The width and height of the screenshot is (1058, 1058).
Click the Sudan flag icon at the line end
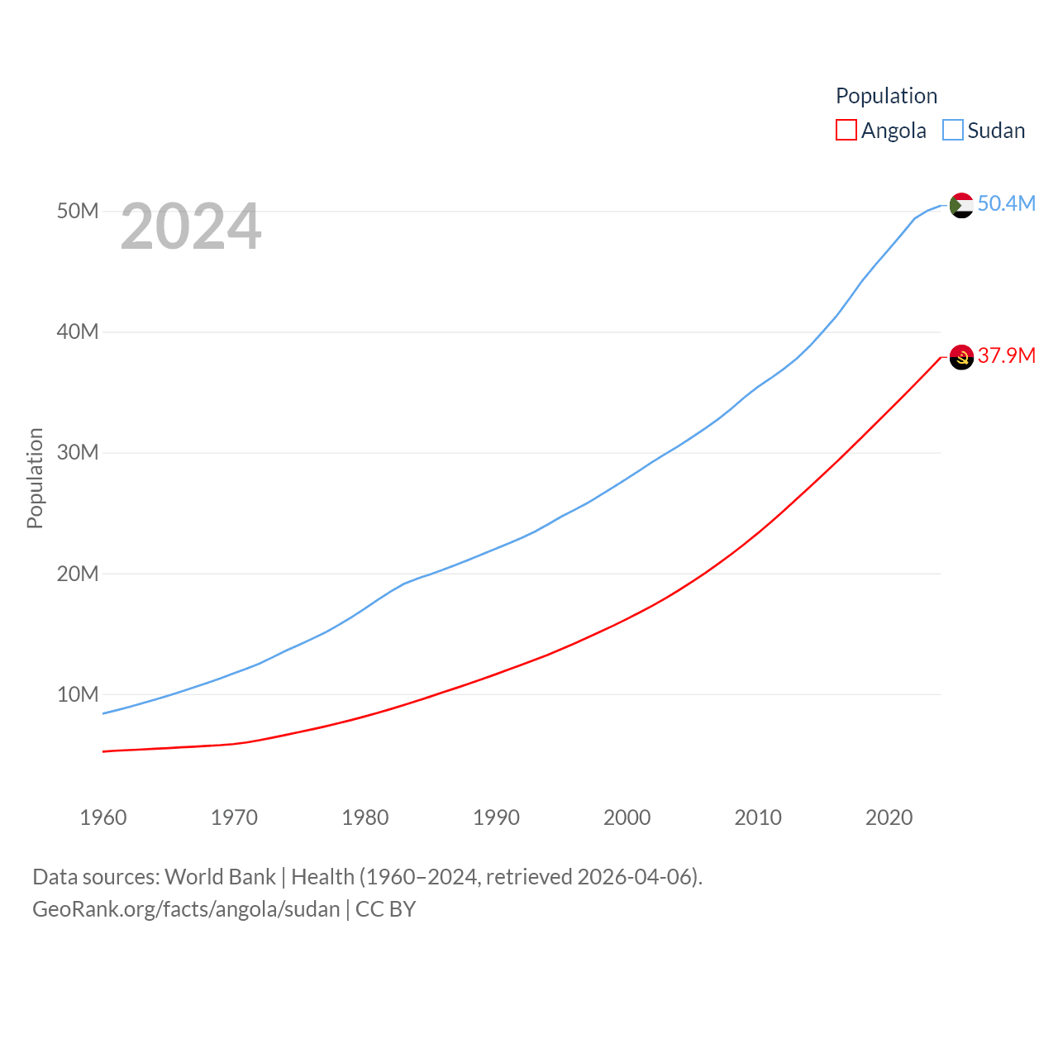[x=961, y=205]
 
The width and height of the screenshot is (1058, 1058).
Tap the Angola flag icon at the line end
[x=961, y=357]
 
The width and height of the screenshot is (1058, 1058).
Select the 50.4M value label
[x=1006, y=203]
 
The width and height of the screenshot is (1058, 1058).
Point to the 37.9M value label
[x=1006, y=355]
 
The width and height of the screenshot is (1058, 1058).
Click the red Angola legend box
[x=846, y=131]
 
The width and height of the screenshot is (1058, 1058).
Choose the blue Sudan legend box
[x=953, y=131]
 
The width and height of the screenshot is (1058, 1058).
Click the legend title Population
[x=886, y=96]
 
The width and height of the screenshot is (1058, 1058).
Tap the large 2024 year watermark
[x=191, y=226]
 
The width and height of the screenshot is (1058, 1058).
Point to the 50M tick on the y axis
[x=78, y=211]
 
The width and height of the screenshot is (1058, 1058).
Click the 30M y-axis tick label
[x=78, y=452]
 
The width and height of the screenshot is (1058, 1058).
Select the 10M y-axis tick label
[x=78, y=694]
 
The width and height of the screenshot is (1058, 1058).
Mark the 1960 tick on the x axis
[x=103, y=817]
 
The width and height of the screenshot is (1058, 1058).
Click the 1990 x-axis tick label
[x=496, y=817]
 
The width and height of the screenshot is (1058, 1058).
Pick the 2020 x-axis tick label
[x=889, y=817]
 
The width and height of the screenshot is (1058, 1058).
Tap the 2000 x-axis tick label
[x=627, y=817]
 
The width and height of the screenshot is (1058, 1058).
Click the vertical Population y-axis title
[x=35, y=478]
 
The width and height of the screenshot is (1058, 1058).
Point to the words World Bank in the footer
[x=220, y=876]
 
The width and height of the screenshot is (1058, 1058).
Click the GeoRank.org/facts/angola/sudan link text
[x=186, y=909]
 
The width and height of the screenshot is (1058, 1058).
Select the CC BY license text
[x=385, y=909]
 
